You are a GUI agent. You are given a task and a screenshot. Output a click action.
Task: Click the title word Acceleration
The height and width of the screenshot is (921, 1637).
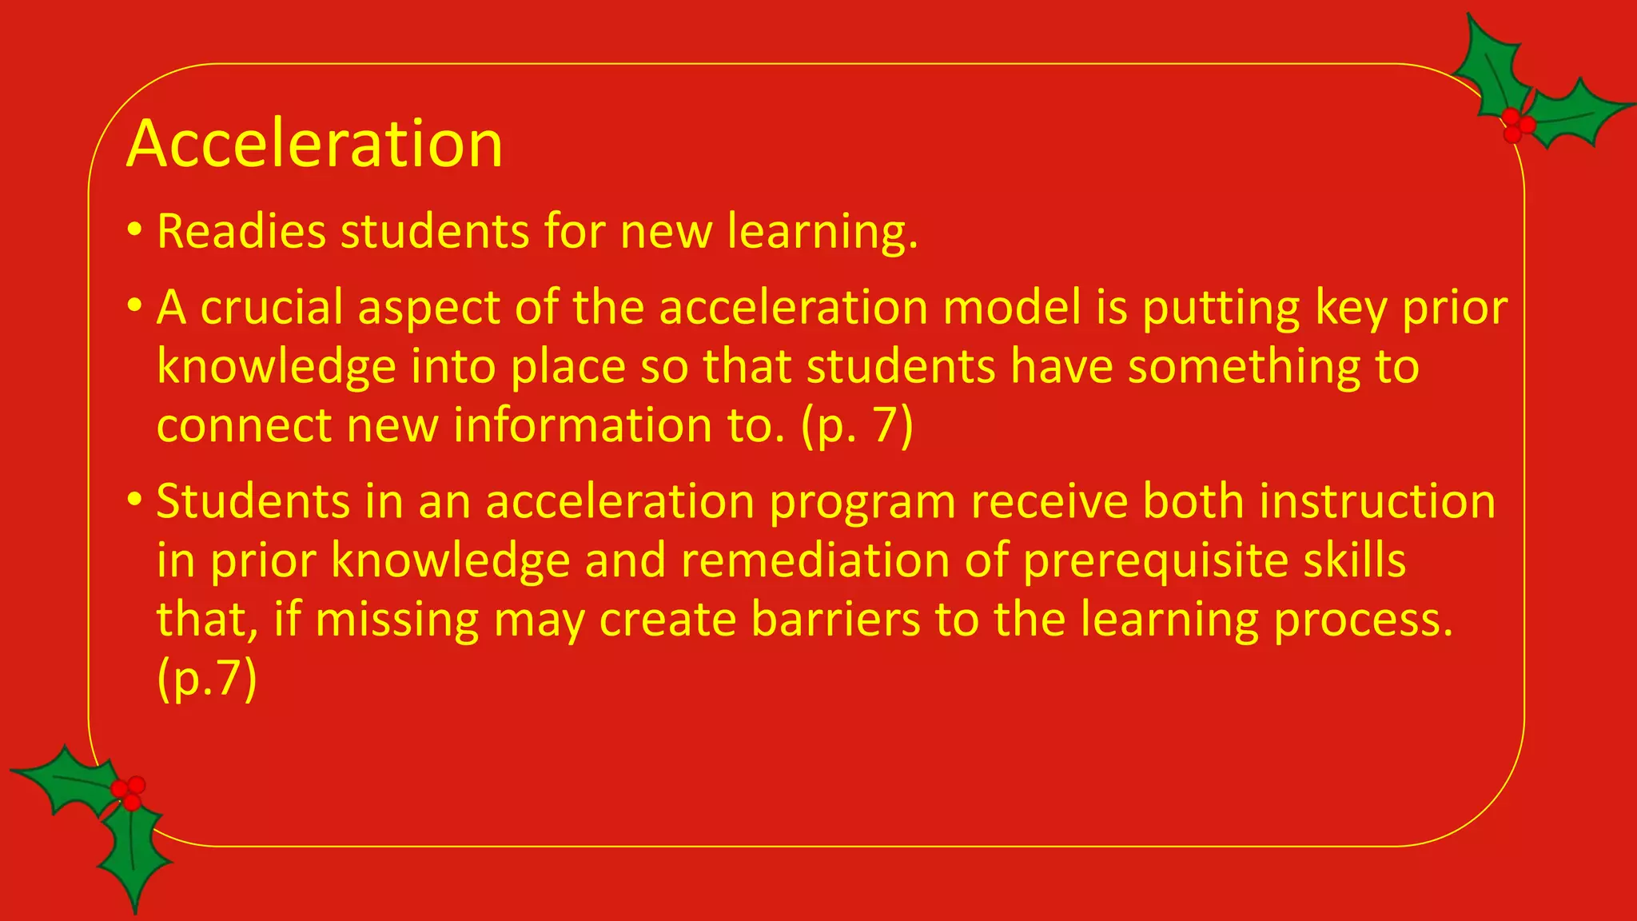point(314,144)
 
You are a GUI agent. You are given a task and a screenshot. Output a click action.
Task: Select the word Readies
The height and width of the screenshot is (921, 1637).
point(241,231)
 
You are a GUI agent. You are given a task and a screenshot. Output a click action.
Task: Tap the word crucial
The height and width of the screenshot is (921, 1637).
point(271,308)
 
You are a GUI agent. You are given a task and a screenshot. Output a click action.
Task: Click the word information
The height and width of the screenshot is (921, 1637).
point(583,425)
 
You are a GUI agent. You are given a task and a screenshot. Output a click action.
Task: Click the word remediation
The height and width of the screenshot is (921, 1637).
point(815,560)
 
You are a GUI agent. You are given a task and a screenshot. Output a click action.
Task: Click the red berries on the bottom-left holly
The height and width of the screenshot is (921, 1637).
point(129,792)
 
